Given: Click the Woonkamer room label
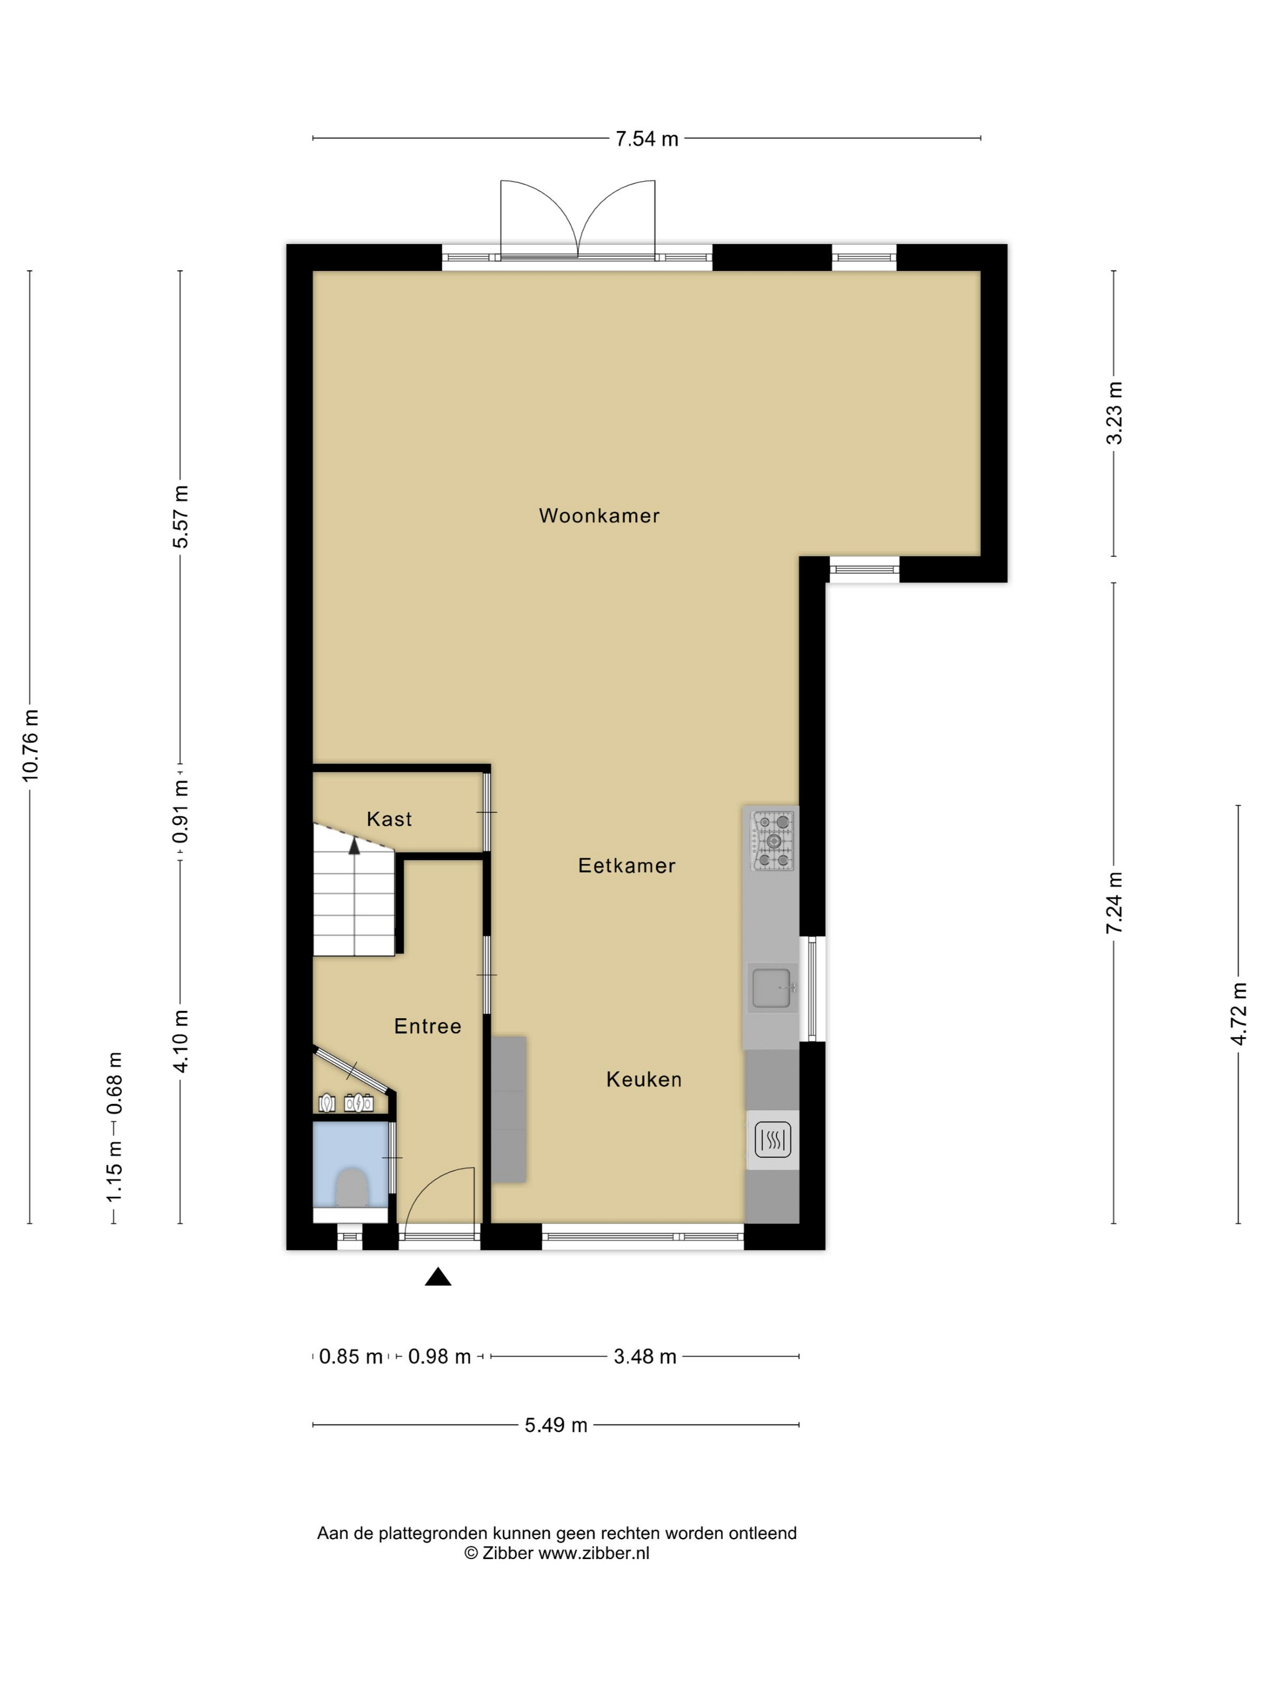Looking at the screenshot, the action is tap(598, 515).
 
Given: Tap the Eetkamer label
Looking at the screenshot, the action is tap(627, 866).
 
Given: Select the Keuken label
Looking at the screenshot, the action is tap(644, 1080).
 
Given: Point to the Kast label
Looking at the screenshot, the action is tap(389, 819).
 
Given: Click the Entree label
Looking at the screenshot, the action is tap(427, 1026).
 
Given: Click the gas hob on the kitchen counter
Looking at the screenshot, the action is tap(773, 840).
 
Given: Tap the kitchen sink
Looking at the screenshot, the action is tap(772, 988).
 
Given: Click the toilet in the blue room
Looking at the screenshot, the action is tap(353, 1187).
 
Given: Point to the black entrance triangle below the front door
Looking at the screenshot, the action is tap(438, 1277).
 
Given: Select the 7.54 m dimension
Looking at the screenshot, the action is tap(647, 138).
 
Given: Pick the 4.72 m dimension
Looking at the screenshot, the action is tap(1238, 1014).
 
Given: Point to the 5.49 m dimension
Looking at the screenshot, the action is tap(556, 1425).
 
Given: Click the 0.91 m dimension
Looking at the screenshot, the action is tap(181, 811).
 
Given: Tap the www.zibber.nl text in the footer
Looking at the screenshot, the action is tap(594, 1552).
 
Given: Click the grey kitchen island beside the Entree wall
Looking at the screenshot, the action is tap(509, 1109).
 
